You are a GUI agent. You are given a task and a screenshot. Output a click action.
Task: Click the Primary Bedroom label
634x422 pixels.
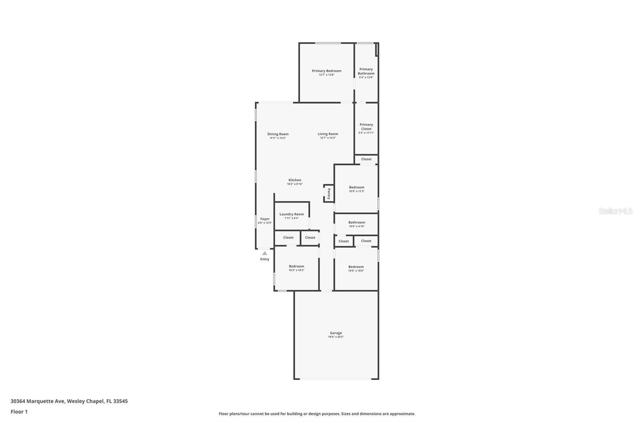[326, 71]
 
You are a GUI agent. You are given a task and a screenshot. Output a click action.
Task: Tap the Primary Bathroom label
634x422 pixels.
[366, 71]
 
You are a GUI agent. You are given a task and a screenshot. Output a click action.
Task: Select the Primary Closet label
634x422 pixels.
[366, 127]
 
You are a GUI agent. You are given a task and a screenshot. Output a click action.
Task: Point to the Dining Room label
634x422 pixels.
[278, 134]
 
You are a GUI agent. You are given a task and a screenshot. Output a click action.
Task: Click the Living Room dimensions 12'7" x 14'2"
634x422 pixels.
[328, 138]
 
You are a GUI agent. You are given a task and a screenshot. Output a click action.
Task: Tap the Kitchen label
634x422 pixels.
[294, 180]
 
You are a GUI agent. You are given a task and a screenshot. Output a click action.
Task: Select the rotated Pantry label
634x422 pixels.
[328, 194]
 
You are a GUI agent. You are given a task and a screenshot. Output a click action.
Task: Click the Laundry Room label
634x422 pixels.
[291, 214]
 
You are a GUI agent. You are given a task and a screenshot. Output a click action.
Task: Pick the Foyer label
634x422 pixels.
[265, 219]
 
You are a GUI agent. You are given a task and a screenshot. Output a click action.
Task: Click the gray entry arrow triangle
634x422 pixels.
[265, 253]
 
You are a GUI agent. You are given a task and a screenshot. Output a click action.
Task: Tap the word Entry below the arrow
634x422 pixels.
[265, 259]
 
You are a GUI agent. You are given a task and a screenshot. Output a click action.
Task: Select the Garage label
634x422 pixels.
[336, 333]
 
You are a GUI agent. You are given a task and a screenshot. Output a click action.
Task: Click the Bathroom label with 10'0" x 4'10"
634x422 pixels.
[357, 222]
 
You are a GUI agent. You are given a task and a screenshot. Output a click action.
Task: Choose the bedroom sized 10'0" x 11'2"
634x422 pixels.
[357, 187]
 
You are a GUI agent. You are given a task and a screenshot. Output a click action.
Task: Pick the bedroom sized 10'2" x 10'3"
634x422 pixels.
[296, 266]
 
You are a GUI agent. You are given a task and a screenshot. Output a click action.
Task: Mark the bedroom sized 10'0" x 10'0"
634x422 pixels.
[356, 267]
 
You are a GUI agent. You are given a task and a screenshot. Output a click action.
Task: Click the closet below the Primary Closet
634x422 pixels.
[366, 159]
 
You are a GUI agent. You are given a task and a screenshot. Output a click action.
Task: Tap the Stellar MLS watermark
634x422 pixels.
[615, 211]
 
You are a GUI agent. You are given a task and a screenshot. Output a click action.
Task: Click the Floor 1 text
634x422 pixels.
[19, 412]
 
